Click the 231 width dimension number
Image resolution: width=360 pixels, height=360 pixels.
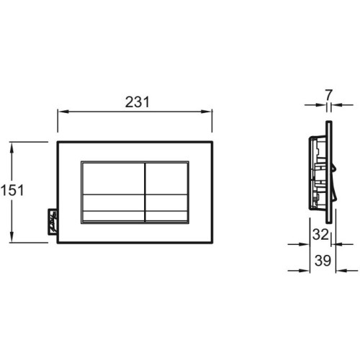coord(138,102)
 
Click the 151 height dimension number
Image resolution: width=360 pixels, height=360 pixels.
coord(12,190)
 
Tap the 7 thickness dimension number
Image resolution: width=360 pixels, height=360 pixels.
coord(329,95)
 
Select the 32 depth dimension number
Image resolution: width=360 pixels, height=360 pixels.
coord(320,234)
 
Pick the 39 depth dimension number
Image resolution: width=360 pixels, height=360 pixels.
coord(323,261)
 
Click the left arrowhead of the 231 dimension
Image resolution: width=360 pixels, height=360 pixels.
coord(63,112)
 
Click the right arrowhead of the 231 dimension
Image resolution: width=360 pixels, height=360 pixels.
coord(207,112)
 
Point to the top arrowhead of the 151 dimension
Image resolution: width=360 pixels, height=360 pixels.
coord(12,148)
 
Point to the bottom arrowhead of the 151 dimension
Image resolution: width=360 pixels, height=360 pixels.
coord(12,237)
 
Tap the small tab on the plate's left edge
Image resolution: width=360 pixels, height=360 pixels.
coord(53,221)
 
